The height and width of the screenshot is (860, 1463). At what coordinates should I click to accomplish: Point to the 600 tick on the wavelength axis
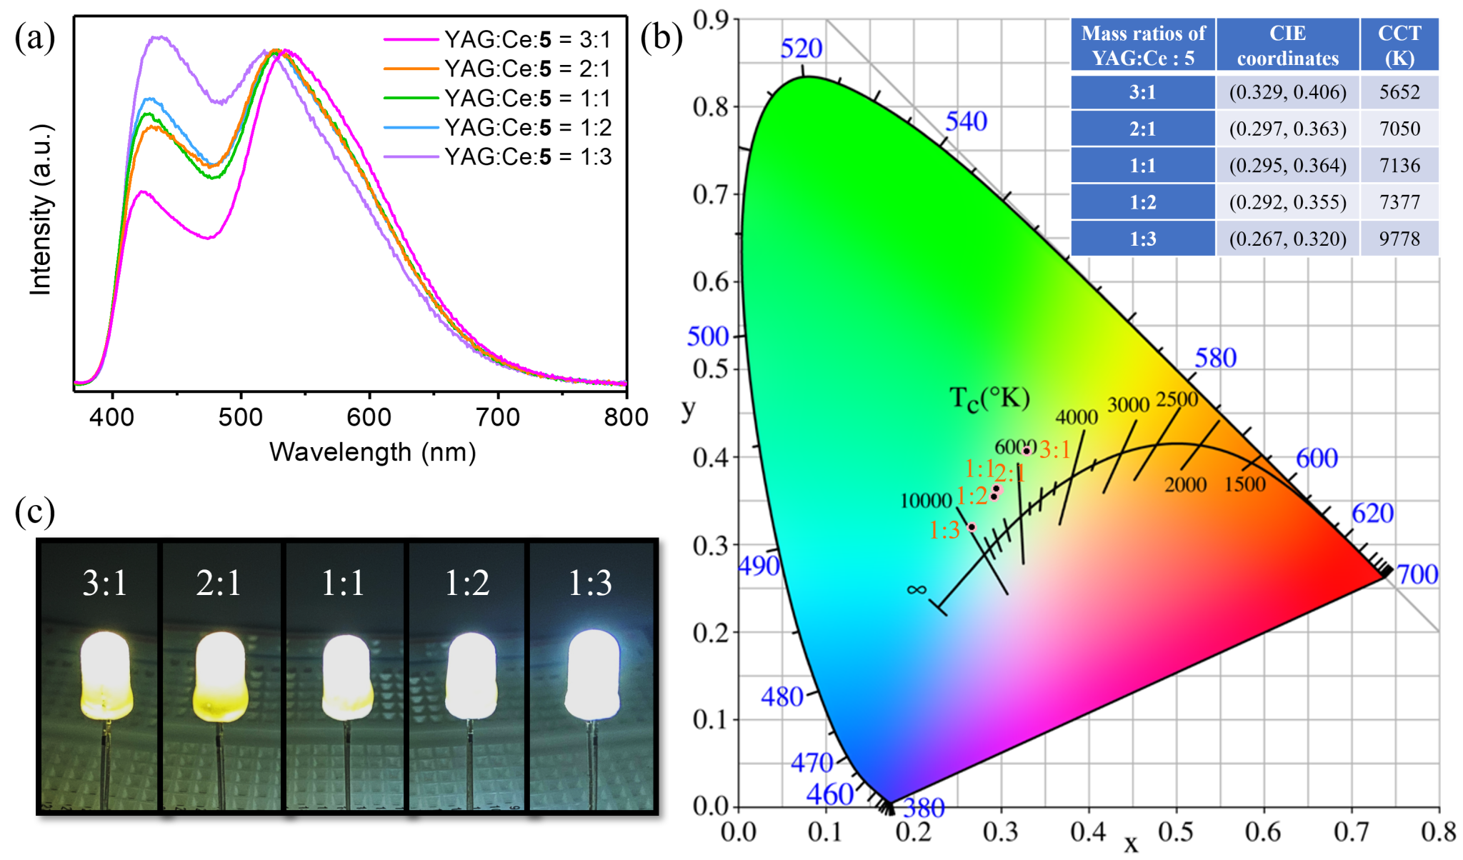click(x=369, y=416)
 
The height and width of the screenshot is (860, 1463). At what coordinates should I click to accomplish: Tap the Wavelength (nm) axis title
click(x=372, y=452)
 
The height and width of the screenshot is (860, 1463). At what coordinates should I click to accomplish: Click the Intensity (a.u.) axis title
click(x=41, y=209)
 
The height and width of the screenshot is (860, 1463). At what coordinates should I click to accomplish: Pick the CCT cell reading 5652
click(x=1399, y=92)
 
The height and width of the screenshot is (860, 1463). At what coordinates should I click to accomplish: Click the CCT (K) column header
click(x=1399, y=45)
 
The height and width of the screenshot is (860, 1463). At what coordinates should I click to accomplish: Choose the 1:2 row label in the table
click(x=1142, y=202)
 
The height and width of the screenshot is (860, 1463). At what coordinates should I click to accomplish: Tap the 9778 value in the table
click(x=1399, y=239)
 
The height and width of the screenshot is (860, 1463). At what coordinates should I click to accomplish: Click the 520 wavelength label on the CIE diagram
click(x=801, y=49)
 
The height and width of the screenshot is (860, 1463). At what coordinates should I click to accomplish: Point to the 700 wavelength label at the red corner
click(x=1417, y=574)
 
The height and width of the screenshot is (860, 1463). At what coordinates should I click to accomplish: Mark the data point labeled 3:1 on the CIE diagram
click(x=1027, y=450)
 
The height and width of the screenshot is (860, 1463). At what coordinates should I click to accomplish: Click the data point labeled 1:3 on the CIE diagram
click(x=972, y=527)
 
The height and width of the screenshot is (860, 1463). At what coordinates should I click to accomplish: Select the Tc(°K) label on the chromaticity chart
click(x=989, y=399)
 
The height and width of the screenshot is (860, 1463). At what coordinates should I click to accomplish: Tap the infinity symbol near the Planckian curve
click(x=917, y=589)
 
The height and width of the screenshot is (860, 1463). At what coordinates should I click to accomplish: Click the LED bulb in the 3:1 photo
click(x=106, y=675)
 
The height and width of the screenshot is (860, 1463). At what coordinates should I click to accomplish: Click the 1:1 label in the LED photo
click(x=343, y=583)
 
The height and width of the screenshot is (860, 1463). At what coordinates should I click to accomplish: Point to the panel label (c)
click(x=34, y=511)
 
